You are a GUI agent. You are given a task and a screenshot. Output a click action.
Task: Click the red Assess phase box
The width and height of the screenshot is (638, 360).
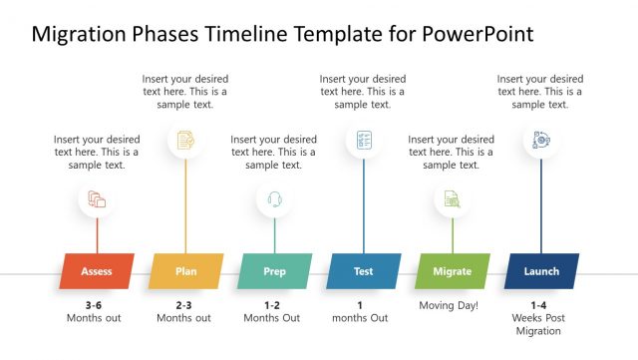[x=97, y=271]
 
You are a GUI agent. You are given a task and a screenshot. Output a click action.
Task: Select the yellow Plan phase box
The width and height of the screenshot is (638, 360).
[x=185, y=271]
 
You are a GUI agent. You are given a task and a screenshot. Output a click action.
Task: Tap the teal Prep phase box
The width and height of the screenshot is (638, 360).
[x=274, y=271]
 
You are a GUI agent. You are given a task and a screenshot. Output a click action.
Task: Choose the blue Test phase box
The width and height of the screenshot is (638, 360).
[x=363, y=271]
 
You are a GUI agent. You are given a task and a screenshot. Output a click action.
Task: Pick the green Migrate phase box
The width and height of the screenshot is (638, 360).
[x=452, y=271]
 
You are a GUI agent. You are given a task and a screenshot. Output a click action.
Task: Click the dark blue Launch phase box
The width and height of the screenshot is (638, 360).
[x=541, y=271]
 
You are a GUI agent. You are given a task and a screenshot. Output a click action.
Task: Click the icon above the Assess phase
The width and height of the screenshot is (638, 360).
[x=97, y=200]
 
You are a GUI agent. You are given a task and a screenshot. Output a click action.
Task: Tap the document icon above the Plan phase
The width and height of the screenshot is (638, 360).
[x=185, y=140]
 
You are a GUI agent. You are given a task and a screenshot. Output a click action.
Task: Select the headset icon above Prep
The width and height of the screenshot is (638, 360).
[x=274, y=200]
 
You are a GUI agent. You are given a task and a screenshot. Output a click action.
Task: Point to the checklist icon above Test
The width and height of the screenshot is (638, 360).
[x=363, y=140]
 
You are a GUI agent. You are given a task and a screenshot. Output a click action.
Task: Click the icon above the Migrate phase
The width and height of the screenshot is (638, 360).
[x=452, y=200]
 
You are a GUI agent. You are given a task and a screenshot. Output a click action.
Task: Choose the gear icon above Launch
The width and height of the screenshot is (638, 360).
[x=541, y=140]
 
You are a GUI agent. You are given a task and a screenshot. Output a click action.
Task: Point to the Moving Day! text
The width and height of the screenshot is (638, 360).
[x=449, y=305]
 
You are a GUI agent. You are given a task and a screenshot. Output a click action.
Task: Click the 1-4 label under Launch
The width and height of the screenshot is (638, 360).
[x=539, y=305]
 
